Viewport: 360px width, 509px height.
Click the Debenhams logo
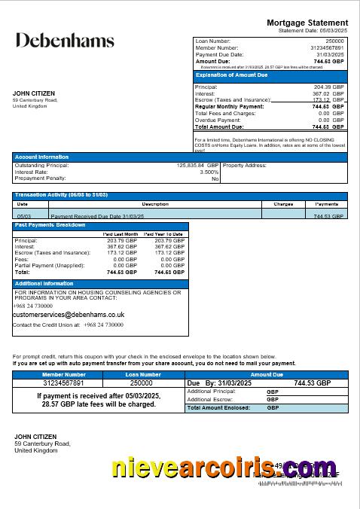[65, 41]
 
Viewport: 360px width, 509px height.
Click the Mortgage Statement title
[307, 23]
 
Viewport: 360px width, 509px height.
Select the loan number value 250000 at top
[335, 41]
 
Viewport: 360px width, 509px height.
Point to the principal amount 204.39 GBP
[330, 87]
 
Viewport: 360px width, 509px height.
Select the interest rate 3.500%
[209, 172]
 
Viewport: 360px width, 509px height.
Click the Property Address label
[245, 165]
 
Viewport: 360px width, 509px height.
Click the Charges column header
[283, 204]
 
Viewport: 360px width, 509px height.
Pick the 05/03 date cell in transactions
[23, 215]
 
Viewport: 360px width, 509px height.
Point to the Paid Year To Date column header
[164, 234]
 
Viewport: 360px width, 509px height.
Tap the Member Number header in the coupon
[64, 374]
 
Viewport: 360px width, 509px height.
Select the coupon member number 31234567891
[64, 383]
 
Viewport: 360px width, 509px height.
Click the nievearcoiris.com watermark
[224, 468]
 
